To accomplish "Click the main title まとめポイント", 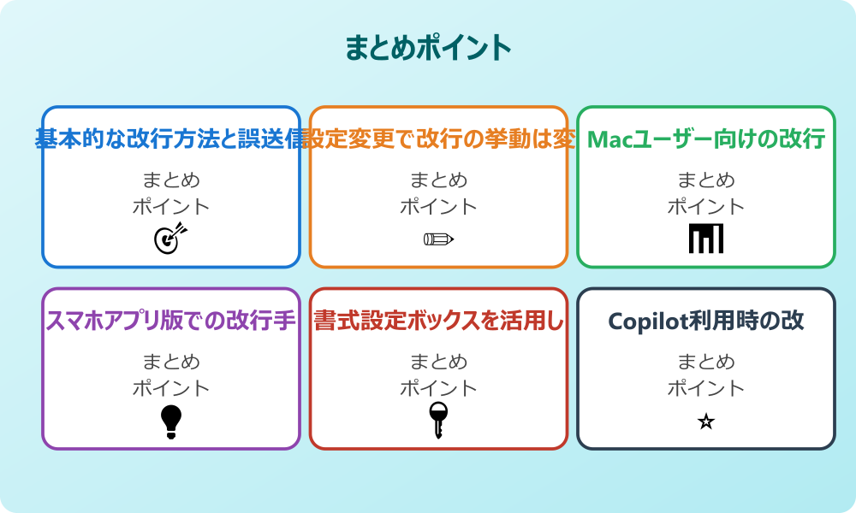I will click(428, 48).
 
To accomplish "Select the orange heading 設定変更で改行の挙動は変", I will click(438, 139).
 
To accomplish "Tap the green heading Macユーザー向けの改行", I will click(705, 139).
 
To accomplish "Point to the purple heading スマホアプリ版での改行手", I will click(171, 321).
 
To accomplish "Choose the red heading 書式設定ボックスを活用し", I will click(438, 321).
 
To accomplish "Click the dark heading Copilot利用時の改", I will click(705, 321).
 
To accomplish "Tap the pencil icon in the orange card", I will click(438, 239).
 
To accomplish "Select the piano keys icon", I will click(705, 239).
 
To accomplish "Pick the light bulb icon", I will click(171, 421).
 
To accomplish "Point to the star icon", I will click(705, 422).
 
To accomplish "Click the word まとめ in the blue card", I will click(171, 180).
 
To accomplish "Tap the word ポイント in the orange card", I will click(438, 207).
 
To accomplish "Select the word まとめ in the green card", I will click(705, 180).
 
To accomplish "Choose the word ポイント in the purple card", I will click(171, 388).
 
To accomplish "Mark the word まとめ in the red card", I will click(438, 362).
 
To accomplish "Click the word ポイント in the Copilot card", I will click(705, 388).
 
